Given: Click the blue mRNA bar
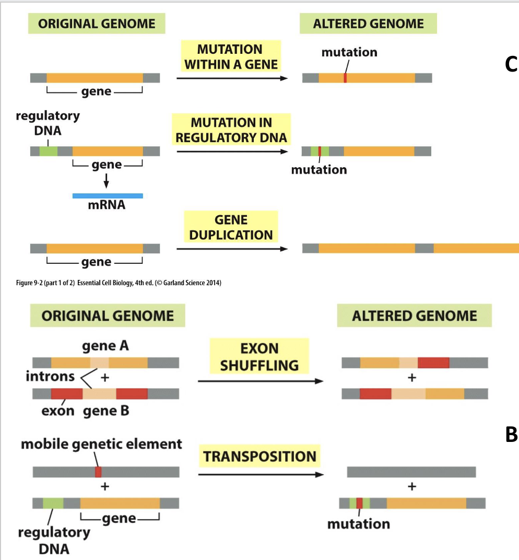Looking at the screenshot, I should (x=108, y=195).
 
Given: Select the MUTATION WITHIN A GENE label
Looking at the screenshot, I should (x=230, y=57).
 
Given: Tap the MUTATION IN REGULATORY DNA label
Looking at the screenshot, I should (x=231, y=130).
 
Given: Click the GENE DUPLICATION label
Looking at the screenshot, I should (x=231, y=227).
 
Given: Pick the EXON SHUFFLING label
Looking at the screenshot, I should (x=259, y=357).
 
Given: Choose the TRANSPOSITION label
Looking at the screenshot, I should (x=259, y=456).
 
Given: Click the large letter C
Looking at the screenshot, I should (x=511, y=64).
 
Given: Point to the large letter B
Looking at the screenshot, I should (x=511, y=434).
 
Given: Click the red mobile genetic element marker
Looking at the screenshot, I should (x=98, y=472).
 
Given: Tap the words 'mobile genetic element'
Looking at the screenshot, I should (x=101, y=444).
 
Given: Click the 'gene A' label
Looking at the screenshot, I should (x=105, y=346).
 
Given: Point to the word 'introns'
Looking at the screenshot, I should (x=50, y=376).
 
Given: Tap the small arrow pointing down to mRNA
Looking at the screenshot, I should (x=107, y=181).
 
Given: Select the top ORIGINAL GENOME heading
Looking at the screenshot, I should (x=97, y=24).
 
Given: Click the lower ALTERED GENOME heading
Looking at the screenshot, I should (x=415, y=316).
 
